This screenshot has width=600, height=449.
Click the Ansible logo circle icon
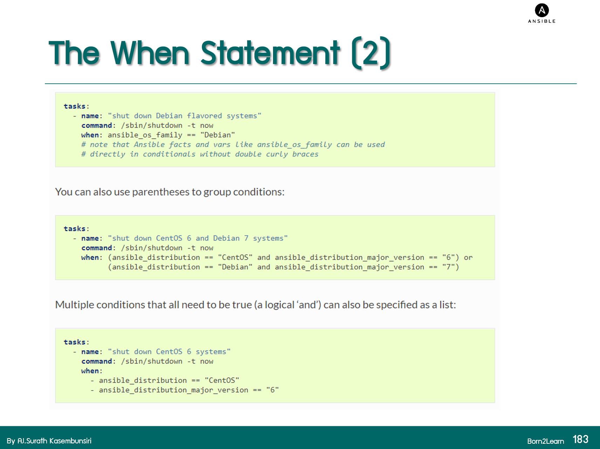tap(542, 10)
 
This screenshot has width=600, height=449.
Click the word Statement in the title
tap(270, 53)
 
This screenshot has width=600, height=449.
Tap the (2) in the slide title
tap(371, 53)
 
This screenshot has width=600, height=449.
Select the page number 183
tap(580, 440)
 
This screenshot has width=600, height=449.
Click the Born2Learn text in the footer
tap(545, 441)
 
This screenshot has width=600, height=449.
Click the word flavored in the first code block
tap(204, 116)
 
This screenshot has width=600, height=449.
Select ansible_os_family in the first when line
tap(145, 135)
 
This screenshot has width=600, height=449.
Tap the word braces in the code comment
tap(305, 154)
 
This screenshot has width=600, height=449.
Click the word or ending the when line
tap(468, 258)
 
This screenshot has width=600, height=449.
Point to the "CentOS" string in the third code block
tap(222, 380)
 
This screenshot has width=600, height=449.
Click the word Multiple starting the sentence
tap(74, 305)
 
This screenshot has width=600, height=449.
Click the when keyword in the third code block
tap(90, 371)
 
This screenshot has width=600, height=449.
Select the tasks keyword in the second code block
tap(75, 229)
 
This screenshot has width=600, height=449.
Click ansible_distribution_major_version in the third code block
tap(173, 390)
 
